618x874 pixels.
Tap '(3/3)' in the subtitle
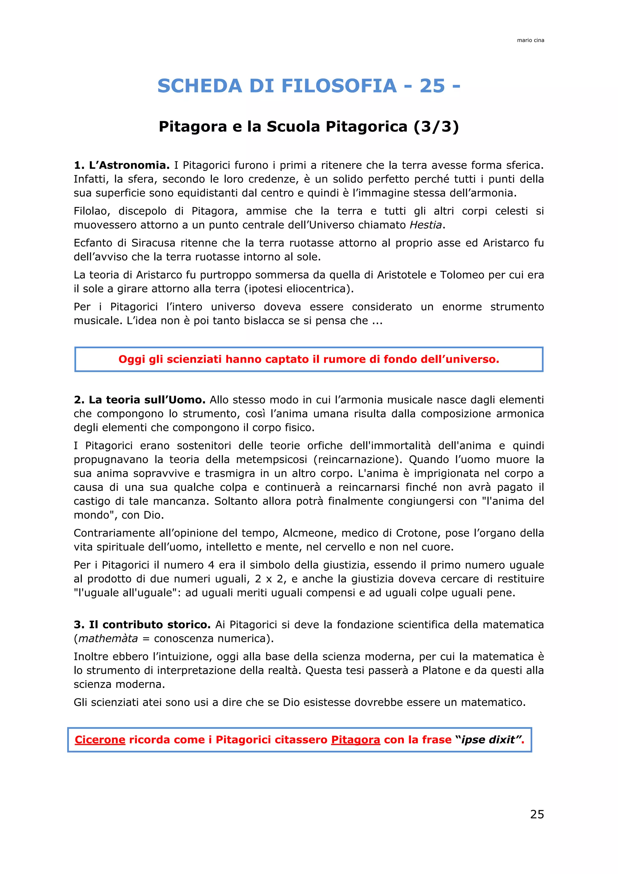[x=436, y=126]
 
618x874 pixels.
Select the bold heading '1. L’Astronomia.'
[x=121, y=165]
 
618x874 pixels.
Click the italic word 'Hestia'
[x=425, y=225]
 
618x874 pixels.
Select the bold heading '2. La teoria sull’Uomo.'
[x=139, y=400]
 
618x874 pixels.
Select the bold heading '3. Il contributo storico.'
[x=142, y=625]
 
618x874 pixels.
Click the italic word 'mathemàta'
[x=108, y=638]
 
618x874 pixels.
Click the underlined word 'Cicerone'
[x=100, y=740]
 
